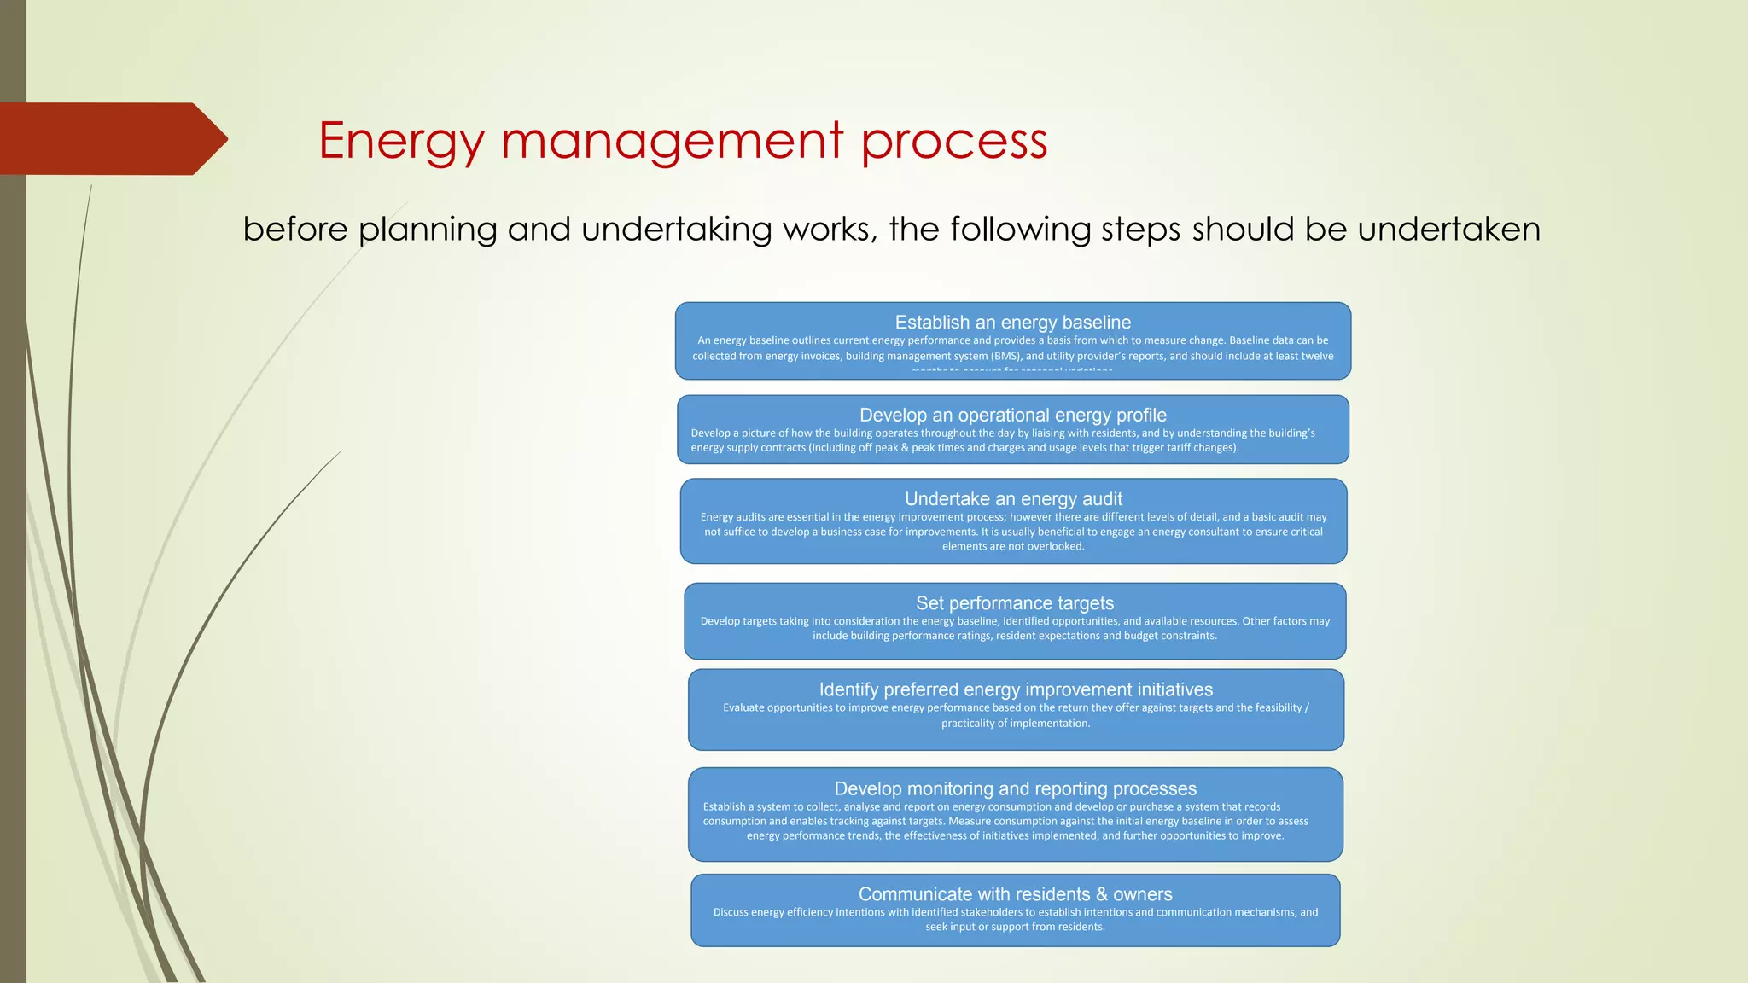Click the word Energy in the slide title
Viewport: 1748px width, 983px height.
click(401, 141)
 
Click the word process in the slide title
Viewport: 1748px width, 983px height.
click(953, 141)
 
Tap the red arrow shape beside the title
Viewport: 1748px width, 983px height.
click(111, 138)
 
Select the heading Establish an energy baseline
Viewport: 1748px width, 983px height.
click(1012, 323)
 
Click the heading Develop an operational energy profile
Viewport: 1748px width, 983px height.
click(1012, 416)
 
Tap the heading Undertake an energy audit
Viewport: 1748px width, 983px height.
click(1013, 499)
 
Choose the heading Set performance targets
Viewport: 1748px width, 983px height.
click(1014, 603)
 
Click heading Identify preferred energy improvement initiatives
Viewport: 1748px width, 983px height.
click(1016, 689)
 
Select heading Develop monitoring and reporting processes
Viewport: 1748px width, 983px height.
click(1015, 789)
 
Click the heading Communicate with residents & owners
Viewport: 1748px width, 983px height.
click(1015, 894)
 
